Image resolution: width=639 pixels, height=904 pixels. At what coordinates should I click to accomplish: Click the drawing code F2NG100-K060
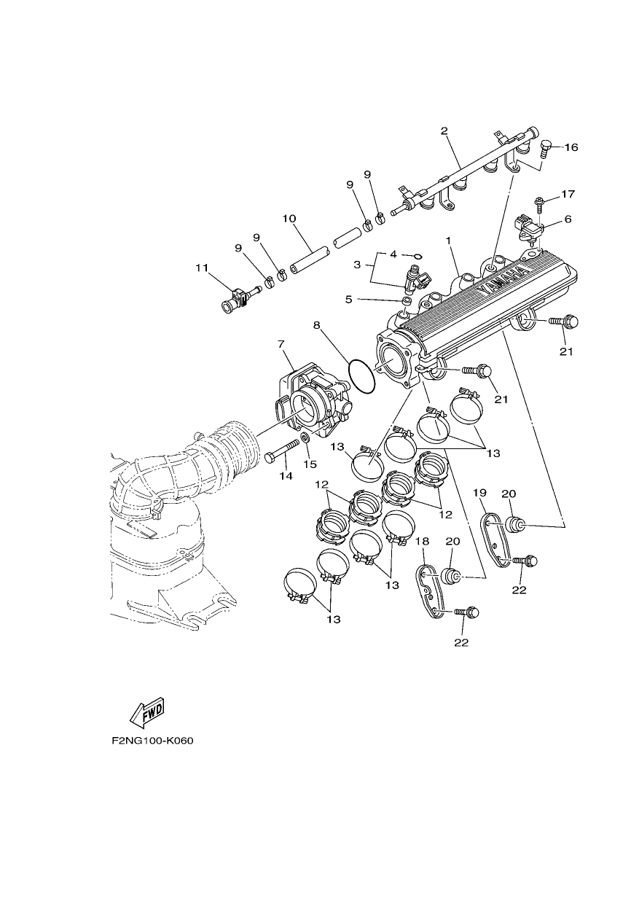[153, 752]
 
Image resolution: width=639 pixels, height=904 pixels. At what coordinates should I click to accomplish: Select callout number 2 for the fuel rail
[444, 130]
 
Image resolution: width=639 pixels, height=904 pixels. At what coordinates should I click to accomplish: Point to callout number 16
[571, 147]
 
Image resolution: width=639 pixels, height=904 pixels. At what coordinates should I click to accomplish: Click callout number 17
[568, 195]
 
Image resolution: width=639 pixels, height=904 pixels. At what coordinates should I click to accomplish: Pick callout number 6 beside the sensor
[568, 219]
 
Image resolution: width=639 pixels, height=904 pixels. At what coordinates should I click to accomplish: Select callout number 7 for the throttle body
[281, 344]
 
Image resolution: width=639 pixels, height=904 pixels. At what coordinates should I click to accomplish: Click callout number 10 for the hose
[289, 218]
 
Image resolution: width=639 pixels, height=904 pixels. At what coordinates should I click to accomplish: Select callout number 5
[348, 299]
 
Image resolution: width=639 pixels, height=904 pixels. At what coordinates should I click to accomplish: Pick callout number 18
[423, 540]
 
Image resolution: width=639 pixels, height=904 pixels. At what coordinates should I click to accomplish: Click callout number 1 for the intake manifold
[447, 240]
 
